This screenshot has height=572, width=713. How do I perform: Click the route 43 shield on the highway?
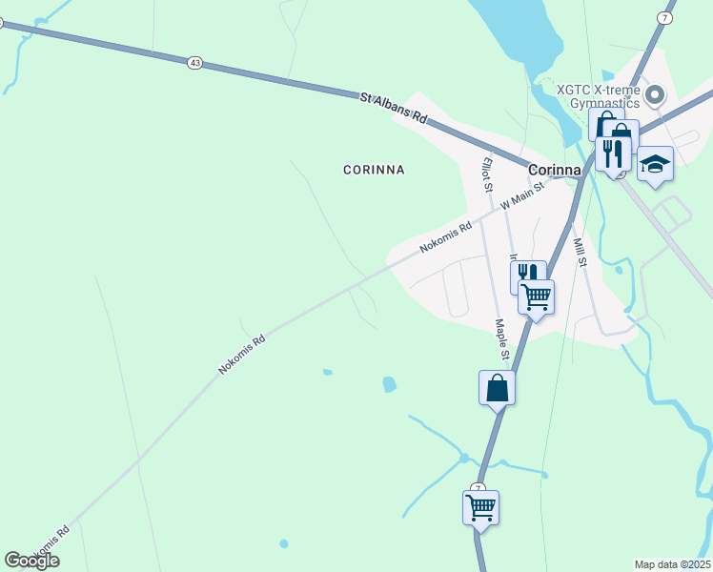coord(195,62)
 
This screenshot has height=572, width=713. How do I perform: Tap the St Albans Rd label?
coord(394,107)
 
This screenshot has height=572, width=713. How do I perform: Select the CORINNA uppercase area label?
coord(374,170)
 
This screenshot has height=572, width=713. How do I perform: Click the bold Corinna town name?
coord(554,169)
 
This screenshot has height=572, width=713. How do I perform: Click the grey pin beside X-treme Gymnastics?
coord(654,94)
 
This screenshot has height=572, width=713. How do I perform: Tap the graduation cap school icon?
coord(655,164)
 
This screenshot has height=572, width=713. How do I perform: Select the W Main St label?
coord(521,196)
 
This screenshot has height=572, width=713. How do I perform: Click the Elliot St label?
coord(486,174)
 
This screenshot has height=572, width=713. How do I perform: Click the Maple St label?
coord(502,341)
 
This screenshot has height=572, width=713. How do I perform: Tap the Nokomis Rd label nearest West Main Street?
coord(446,238)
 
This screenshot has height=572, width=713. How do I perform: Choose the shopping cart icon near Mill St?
coord(536,296)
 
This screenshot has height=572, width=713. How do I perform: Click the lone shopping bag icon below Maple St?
coord(497,388)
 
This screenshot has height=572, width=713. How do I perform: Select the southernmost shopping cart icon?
coord(480,507)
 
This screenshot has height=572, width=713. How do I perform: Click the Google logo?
coord(31,561)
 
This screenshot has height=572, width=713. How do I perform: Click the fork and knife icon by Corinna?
coord(613,153)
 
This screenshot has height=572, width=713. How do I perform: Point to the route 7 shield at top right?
coord(664,18)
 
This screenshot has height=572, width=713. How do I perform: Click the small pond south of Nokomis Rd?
coord(389,384)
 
